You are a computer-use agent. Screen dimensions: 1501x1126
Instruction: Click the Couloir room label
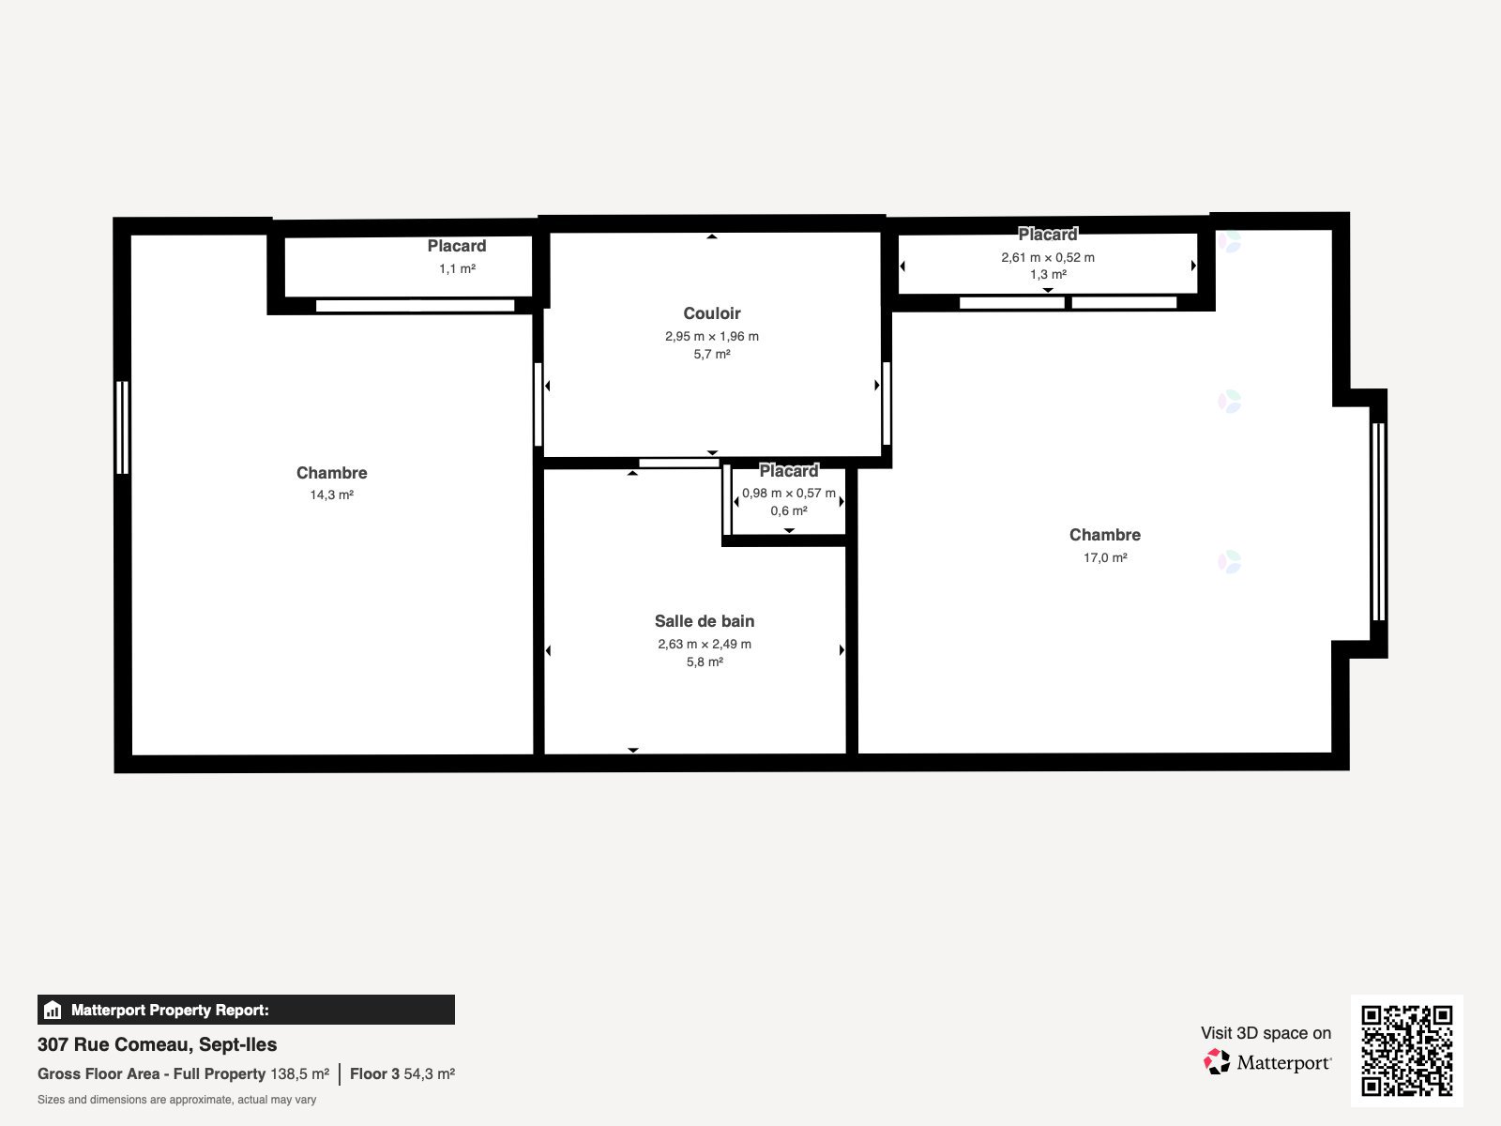click(711, 313)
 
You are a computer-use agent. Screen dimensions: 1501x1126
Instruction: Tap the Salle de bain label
click(705, 621)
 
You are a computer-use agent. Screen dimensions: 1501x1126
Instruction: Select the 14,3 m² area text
click(332, 495)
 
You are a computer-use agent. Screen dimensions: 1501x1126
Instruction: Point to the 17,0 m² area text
click(1105, 557)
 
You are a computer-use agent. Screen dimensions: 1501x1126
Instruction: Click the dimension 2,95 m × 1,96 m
click(712, 336)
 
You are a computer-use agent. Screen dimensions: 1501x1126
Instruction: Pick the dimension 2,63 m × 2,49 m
click(705, 644)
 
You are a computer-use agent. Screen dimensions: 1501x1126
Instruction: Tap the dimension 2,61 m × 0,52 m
click(1048, 257)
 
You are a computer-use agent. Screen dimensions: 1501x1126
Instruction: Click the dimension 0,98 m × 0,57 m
click(788, 493)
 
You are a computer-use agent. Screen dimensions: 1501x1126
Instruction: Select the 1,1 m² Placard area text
click(457, 268)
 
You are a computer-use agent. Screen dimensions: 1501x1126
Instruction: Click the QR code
click(1406, 1050)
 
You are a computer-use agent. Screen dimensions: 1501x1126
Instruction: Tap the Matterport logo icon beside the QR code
click(1216, 1062)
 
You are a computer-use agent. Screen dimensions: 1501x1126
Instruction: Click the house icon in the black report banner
click(53, 1010)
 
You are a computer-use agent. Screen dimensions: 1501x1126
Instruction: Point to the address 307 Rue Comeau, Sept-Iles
click(158, 1044)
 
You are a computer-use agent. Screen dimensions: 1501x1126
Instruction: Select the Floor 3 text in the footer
click(374, 1073)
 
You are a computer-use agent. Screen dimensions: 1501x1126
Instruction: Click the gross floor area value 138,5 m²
click(299, 1073)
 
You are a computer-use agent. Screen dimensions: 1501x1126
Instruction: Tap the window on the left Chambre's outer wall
click(122, 427)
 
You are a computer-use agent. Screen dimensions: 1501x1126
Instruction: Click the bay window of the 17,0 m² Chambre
click(1379, 522)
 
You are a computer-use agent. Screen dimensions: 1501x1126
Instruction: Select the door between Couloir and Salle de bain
click(679, 463)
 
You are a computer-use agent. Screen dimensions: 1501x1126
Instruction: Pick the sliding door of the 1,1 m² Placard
click(415, 306)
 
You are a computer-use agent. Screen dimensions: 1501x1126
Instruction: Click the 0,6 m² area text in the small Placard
click(788, 510)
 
